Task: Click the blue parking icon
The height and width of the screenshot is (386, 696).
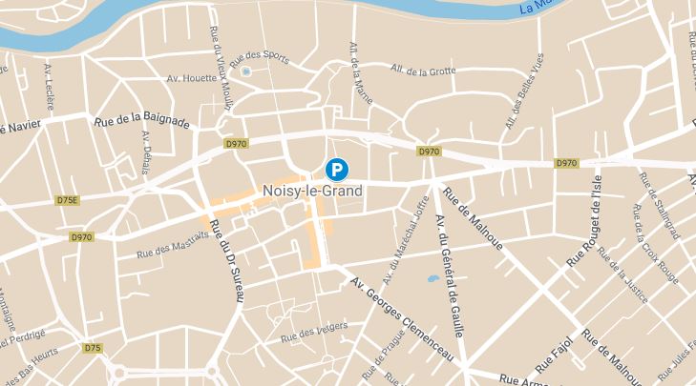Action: (x=337, y=170)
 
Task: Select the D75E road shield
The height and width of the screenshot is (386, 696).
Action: (x=67, y=201)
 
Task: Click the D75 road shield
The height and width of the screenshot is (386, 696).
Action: (x=93, y=348)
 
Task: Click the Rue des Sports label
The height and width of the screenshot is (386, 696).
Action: (x=266, y=56)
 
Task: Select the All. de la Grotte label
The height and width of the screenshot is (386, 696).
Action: (x=425, y=69)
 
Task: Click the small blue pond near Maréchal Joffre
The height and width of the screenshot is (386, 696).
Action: (x=432, y=280)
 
